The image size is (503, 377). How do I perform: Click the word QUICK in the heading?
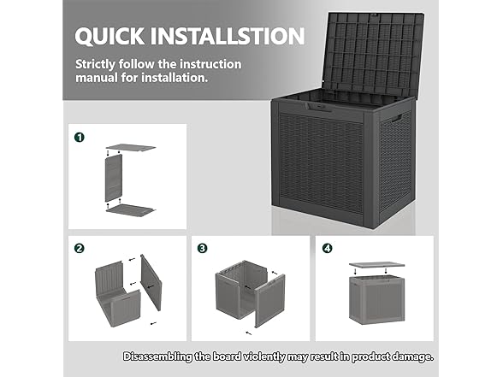click(109, 36)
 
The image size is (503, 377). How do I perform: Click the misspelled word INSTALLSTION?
click(228, 36)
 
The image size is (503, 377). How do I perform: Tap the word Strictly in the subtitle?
click(95, 64)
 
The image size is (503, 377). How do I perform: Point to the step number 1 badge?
click(80, 137)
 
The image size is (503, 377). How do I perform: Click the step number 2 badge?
click(80, 248)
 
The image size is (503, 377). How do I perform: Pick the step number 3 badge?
click(203, 248)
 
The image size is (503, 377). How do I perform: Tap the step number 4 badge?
click(327, 248)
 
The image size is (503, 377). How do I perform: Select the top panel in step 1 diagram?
click(131, 148)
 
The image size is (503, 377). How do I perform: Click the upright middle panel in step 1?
click(114, 178)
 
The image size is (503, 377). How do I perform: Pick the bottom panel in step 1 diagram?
click(131, 210)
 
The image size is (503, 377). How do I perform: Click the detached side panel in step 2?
click(151, 282)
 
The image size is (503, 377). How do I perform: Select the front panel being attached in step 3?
click(270, 301)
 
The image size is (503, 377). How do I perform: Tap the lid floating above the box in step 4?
click(376, 265)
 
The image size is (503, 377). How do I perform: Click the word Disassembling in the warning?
click(157, 356)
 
